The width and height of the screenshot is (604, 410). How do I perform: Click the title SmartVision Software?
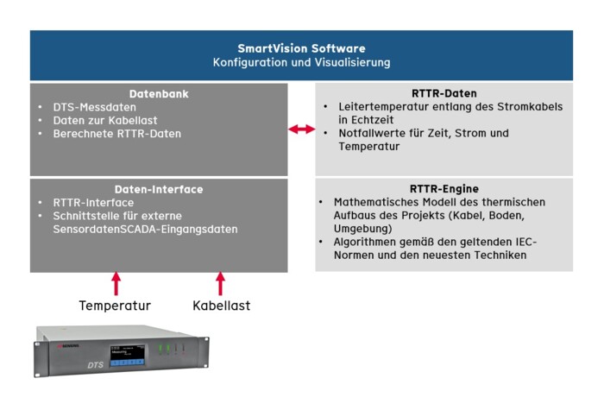pyautogui.click(x=301, y=48)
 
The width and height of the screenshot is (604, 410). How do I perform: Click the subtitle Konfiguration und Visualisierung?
pyautogui.click(x=301, y=63)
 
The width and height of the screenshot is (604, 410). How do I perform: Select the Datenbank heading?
pyautogui.click(x=159, y=93)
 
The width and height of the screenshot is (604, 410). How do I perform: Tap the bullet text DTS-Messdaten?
pyautogui.click(x=93, y=106)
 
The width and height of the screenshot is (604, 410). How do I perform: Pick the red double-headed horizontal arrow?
pyautogui.click(x=301, y=129)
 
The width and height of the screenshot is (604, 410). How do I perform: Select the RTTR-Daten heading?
pyautogui.click(x=444, y=93)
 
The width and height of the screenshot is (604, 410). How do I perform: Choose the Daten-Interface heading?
pyautogui.click(x=159, y=189)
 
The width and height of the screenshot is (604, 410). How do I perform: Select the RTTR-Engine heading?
pyautogui.click(x=444, y=188)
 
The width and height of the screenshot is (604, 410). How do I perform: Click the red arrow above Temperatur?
pyautogui.click(x=116, y=283)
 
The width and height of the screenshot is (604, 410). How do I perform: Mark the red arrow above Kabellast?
pyautogui.click(x=221, y=283)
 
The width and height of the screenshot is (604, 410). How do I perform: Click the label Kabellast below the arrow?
pyautogui.click(x=221, y=306)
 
